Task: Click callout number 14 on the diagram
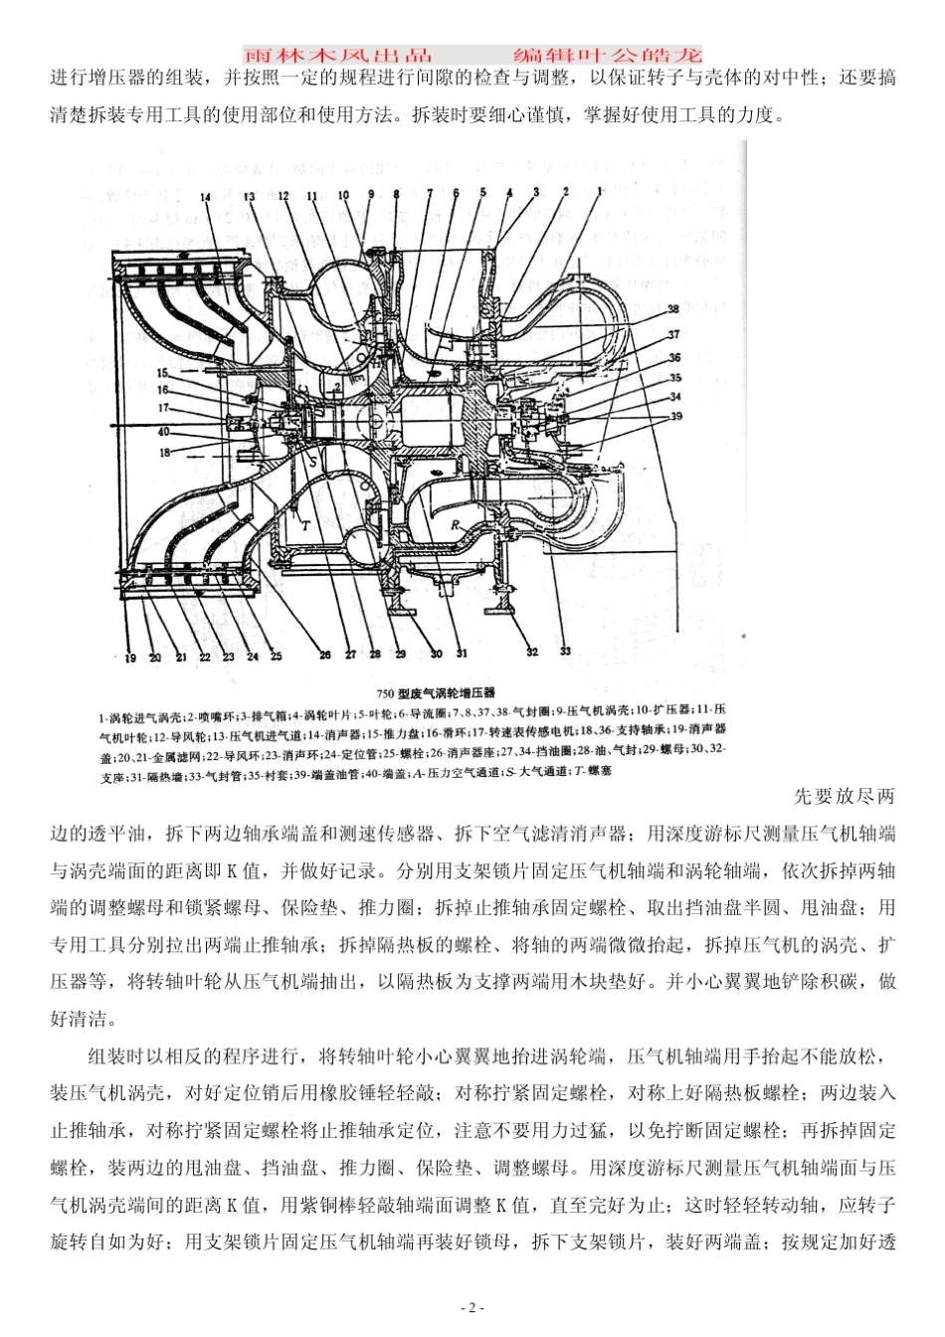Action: pos(206,197)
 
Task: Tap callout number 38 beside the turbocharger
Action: pos(673,309)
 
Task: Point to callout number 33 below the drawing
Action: pos(565,652)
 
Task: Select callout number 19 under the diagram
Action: pos(129,657)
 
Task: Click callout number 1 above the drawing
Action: pos(600,189)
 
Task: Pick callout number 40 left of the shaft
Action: pos(164,432)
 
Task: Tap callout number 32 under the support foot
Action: pos(532,652)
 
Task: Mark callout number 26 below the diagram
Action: pos(325,655)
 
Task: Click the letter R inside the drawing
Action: pos(456,523)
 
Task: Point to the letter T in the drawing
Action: pos(306,525)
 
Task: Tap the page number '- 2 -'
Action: pos(472,1307)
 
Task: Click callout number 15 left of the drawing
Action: pos(162,373)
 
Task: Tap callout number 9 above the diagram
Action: pos(371,195)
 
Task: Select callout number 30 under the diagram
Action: pos(435,654)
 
